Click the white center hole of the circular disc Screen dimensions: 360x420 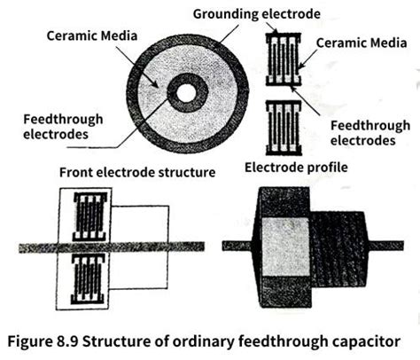pos(187,90)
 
